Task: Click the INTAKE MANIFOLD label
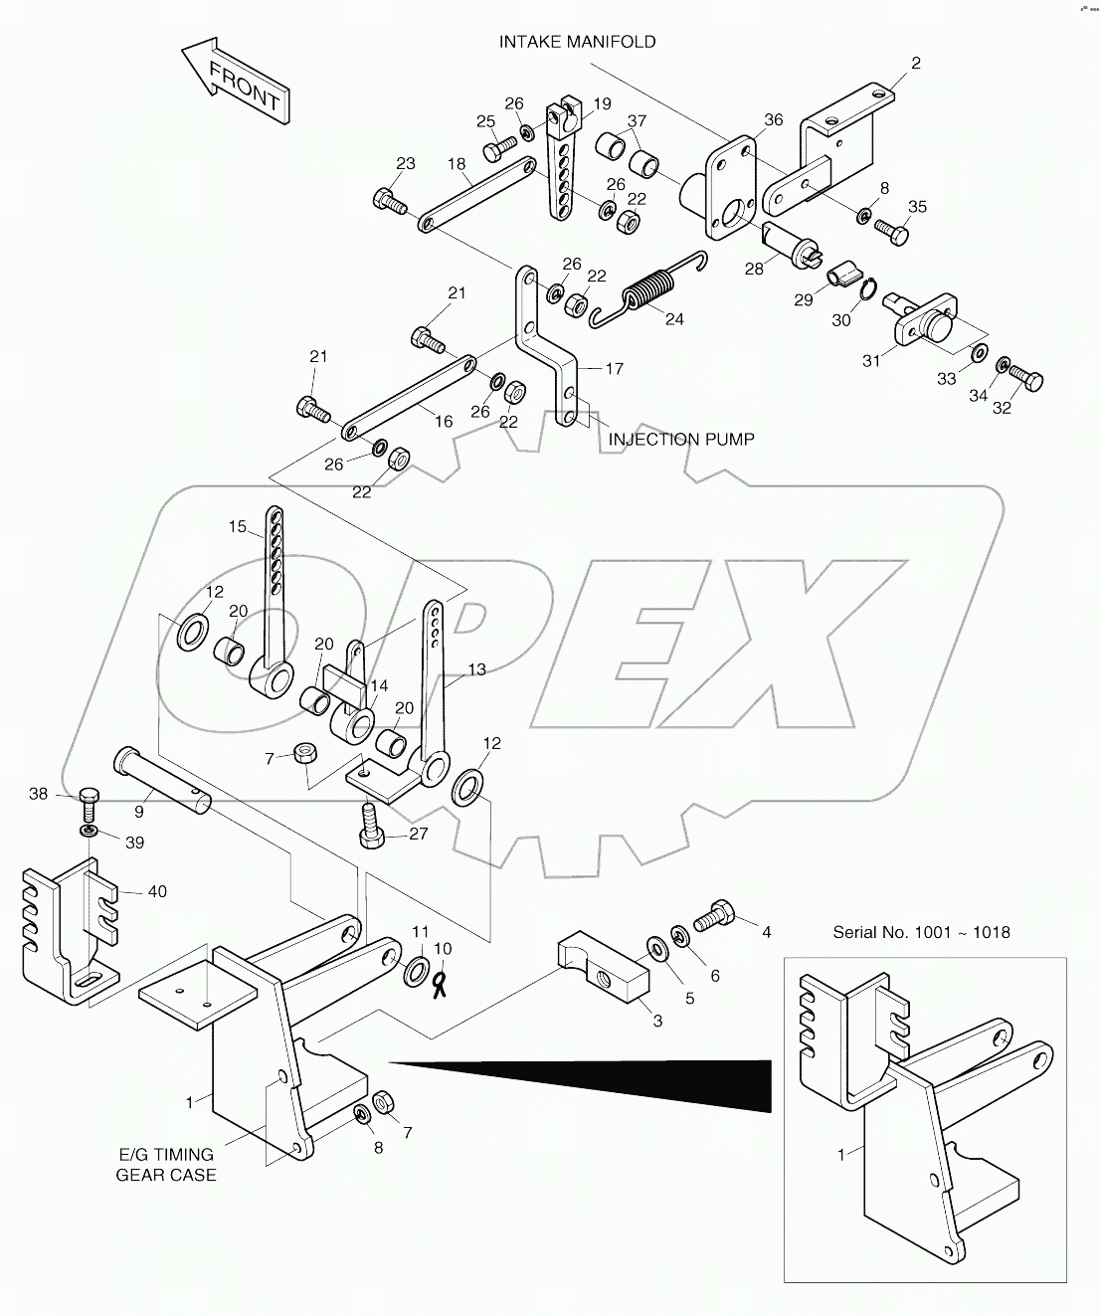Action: [x=577, y=42]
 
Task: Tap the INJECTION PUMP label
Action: [x=681, y=439]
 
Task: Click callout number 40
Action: [x=157, y=891]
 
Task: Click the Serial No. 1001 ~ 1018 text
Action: [x=921, y=932]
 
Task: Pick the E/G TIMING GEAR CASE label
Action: [x=166, y=1164]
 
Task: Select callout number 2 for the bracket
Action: [x=916, y=64]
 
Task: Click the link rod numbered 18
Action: [x=472, y=197]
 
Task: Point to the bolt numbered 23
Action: [x=390, y=201]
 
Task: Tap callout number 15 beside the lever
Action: [x=237, y=527]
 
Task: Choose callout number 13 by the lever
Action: [x=477, y=669]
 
